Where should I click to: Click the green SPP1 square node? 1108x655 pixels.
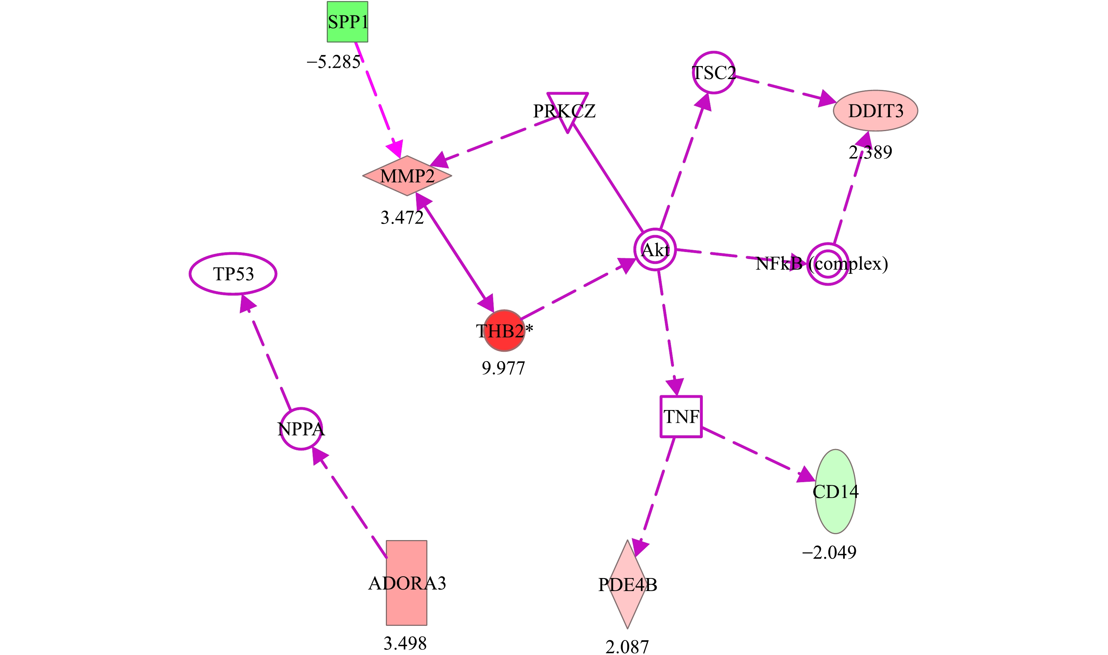(x=347, y=22)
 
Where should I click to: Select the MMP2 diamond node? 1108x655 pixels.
(x=407, y=176)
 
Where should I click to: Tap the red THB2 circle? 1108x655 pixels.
(x=504, y=331)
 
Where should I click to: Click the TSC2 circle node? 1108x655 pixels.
(x=713, y=72)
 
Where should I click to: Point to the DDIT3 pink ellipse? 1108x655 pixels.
(x=875, y=111)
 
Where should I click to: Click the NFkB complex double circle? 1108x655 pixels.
(x=828, y=264)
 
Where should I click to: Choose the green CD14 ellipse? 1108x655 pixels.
(x=835, y=492)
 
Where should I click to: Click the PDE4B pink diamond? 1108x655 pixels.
(x=627, y=584)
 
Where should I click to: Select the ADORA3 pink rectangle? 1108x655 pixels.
(x=407, y=583)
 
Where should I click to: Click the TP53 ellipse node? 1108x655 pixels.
(x=233, y=274)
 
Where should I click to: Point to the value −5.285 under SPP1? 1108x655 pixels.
(x=333, y=62)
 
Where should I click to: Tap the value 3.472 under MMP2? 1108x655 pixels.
(x=402, y=218)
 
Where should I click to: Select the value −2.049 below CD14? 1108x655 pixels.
(x=829, y=552)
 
